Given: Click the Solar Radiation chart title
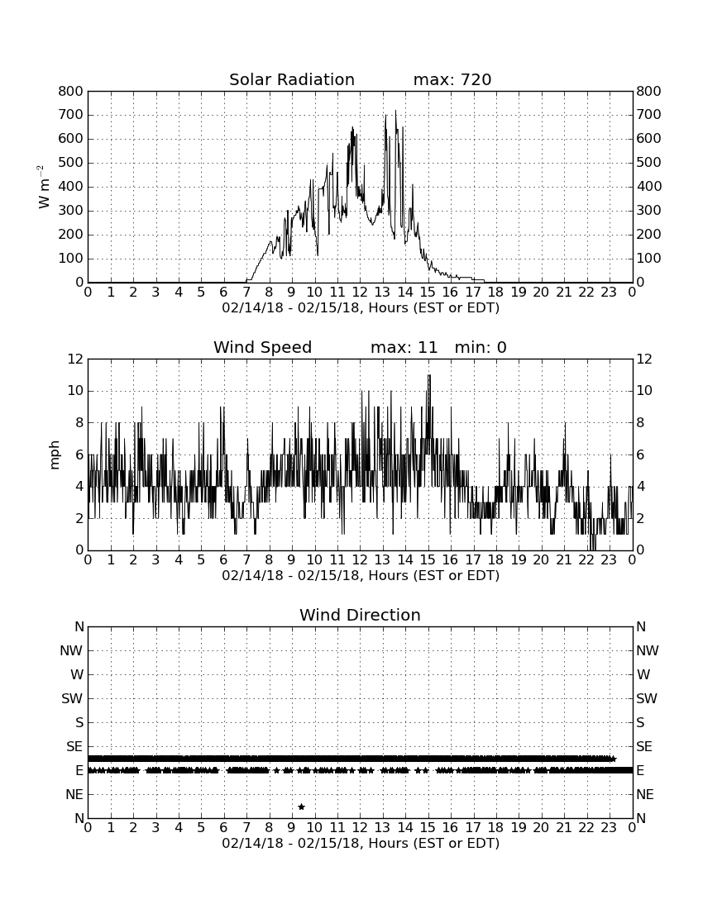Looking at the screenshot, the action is (x=292, y=79).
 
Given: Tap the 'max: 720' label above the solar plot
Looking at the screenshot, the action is (x=452, y=79).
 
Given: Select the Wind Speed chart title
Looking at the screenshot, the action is (x=263, y=347).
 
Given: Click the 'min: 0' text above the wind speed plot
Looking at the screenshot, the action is (x=481, y=347).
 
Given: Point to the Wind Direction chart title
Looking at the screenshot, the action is (x=361, y=615).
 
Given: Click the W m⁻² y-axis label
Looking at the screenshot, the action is (x=43, y=187).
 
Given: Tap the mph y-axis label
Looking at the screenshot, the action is (x=55, y=455).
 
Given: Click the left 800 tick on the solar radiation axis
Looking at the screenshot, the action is (x=71, y=91).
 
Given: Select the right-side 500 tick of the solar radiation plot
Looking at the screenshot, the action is (x=648, y=162).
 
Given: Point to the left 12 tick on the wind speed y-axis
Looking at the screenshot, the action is (x=75, y=359).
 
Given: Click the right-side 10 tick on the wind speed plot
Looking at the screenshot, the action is (x=644, y=391).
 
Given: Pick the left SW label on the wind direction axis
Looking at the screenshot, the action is (x=72, y=698).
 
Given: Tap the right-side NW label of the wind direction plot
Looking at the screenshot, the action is (x=648, y=650).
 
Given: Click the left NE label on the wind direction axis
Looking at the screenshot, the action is (x=74, y=794).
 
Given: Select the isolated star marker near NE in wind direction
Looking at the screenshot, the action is (x=301, y=807).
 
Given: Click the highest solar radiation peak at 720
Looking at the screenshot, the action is (x=395, y=111).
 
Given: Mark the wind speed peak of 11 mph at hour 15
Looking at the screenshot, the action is (x=428, y=375).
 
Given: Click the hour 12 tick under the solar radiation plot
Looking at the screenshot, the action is (x=360, y=293).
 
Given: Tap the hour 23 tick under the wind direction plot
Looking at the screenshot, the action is (x=609, y=828).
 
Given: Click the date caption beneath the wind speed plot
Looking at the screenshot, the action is (x=361, y=576).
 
